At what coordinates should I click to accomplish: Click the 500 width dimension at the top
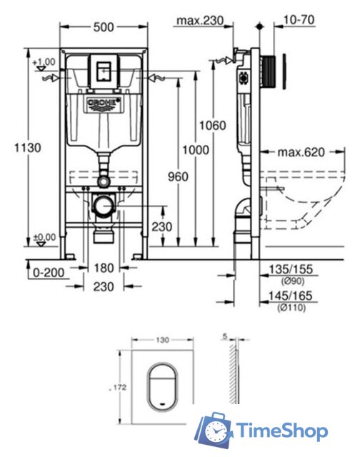click(103, 28)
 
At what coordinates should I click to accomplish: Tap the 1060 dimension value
click(212, 125)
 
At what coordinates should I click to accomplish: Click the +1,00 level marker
click(44, 62)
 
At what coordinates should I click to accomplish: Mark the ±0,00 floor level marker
click(44, 236)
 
